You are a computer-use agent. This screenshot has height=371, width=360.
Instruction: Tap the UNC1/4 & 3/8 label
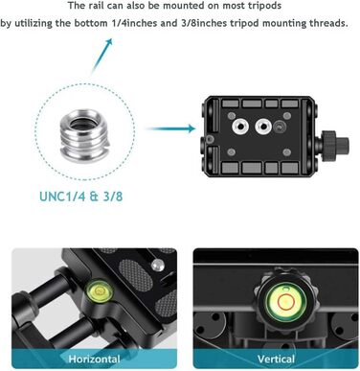pos(81,197)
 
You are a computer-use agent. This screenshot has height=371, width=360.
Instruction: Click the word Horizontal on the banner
pos(94,359)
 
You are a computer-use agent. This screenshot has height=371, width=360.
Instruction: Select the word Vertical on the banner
pos(276,359)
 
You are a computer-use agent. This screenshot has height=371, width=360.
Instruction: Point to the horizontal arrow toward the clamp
pos(170,128)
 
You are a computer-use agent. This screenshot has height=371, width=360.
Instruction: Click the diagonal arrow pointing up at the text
pos(101,57)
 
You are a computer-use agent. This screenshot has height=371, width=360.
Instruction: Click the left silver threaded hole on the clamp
pos(240,127)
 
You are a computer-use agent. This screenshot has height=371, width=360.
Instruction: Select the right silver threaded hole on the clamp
pos(263,127)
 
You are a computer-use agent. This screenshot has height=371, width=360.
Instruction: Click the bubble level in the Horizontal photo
pos(99,291)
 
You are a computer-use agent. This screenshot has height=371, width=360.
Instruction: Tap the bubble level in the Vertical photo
pos(285,302)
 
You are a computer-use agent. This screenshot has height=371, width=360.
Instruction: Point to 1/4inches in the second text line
pos(134,23)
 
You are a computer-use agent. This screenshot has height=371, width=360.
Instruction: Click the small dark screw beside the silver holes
pos(279,127)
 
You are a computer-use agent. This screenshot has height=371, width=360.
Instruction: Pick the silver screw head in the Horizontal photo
pos(156,265)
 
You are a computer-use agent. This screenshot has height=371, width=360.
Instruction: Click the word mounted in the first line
pos(174,6)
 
